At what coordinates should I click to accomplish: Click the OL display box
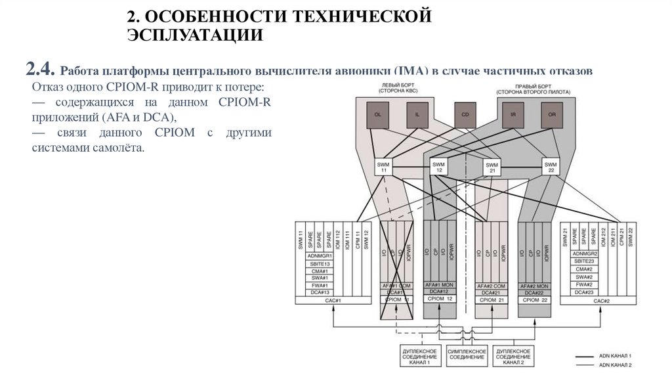pos(377,114)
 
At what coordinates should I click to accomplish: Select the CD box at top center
pos(465,114)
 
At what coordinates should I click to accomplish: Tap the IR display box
pos(513,114)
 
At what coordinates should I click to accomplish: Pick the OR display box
pos(551,114)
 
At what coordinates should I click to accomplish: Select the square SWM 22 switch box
pos(550,167)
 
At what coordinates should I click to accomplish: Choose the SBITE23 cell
pos(583,261)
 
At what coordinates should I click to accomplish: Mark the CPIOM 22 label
pos(534,299)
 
